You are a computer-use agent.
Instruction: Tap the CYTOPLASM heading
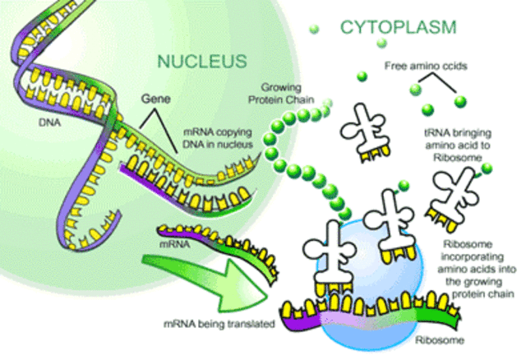coord(397,27)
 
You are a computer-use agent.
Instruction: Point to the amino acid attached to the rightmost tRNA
coord(487,168)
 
